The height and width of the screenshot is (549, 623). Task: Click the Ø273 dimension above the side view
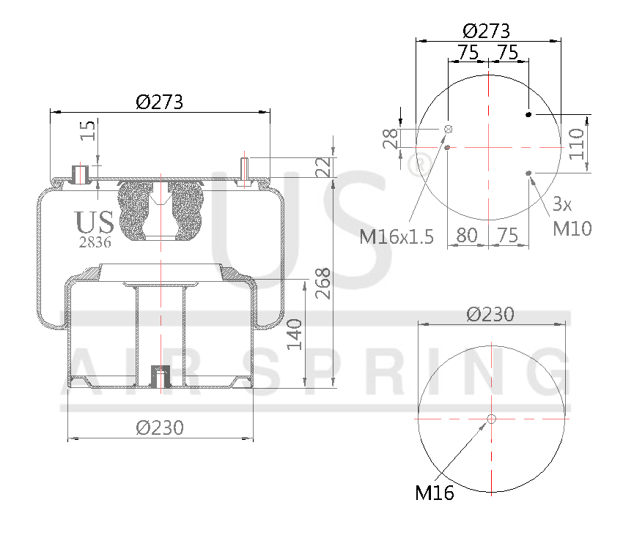coord(159,102)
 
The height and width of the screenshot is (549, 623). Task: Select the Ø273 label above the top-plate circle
coord(486,31)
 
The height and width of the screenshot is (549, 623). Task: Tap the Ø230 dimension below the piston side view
coord(160,427)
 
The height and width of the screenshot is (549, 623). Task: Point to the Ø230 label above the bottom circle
coord(490,314)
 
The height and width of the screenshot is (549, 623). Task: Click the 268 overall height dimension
coord(323,283)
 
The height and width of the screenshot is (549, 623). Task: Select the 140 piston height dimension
coord(295,334)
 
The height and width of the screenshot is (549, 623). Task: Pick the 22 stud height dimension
coord(323,168)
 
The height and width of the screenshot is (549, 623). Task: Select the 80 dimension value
coord(467,235)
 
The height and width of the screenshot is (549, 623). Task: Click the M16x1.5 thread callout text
coord(397,236)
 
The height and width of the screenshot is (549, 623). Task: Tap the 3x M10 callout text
coord(571,217)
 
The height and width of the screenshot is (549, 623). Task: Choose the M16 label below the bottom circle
coord(435,493)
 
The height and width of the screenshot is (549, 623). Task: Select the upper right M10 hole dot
coord(528,114)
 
